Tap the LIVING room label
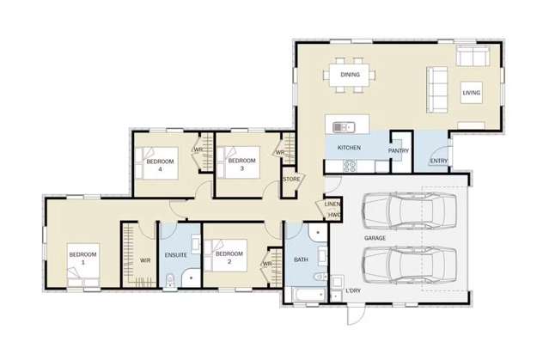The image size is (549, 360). tap(472, 92)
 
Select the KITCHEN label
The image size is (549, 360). tap(349, 149)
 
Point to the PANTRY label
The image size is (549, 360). tap(398, 150)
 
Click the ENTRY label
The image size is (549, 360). tap(438, 161)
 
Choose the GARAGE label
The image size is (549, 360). tap(375, 236)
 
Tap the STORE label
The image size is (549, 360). tap(291, 180)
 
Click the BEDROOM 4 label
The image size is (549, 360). tap(160, 165)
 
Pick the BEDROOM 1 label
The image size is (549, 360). tap(83, 258)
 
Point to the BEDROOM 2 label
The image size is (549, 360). tap(229, 258)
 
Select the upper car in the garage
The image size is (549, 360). tap(410, 209)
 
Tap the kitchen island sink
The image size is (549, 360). tap(342, 127)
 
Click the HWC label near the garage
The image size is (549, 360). tap(334, 214)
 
